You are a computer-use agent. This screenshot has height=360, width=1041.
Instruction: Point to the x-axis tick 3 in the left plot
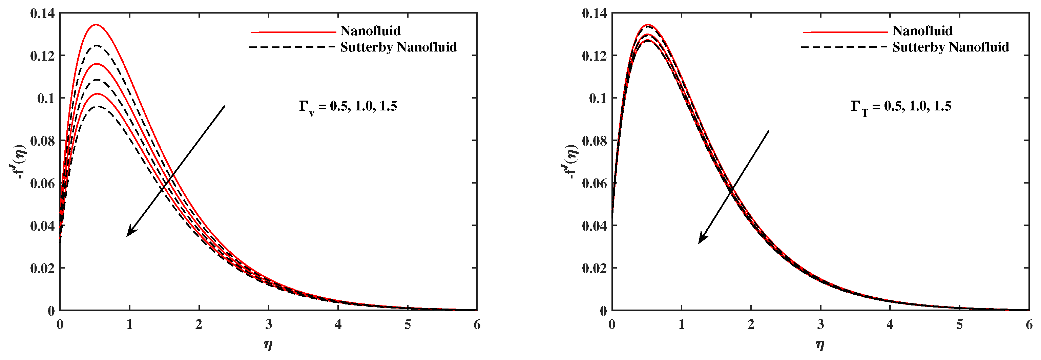[269, 324]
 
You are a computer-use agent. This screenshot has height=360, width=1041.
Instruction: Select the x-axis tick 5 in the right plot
[959, 324]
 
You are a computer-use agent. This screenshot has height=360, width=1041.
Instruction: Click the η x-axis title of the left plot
[268, 345]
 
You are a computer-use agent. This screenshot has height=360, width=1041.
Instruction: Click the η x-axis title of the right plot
[820, 345]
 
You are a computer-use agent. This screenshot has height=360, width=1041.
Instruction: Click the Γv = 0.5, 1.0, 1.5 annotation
[348, 107]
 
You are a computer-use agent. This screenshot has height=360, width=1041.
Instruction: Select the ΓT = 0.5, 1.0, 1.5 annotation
[901, 107]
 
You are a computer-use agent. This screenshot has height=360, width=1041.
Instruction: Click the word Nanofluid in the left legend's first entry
[370, 31]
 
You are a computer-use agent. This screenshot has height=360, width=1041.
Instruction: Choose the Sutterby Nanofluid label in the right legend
[951, 47]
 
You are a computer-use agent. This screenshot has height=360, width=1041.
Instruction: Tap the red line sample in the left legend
[293, 31]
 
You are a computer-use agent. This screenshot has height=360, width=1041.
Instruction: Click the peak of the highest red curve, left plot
[96, 25]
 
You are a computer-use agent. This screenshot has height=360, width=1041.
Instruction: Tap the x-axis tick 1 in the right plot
[682, 324]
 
